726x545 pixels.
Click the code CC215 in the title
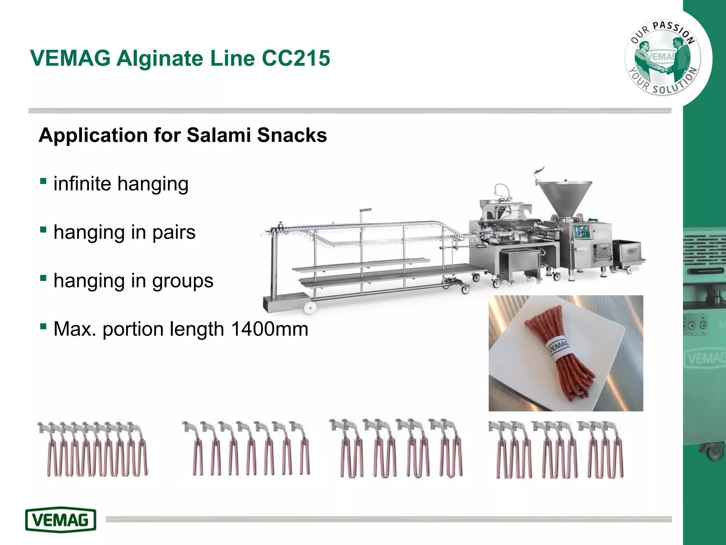296,58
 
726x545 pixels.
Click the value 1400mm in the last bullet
269,329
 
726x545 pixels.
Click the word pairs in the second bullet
174,232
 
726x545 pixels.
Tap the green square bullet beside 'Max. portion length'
43,326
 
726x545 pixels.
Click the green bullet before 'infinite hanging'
43,181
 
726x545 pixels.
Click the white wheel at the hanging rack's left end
310,308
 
